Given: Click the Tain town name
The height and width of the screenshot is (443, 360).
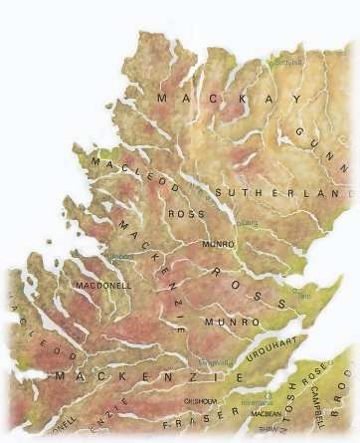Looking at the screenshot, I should tap(305, 296).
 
